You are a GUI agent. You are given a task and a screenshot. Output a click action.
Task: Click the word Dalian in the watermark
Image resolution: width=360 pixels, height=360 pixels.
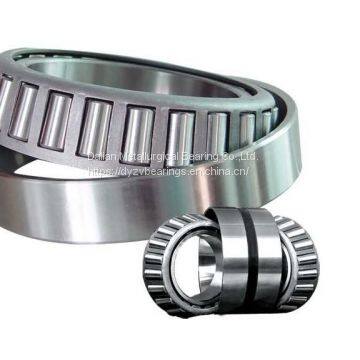tap(103, 156)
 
